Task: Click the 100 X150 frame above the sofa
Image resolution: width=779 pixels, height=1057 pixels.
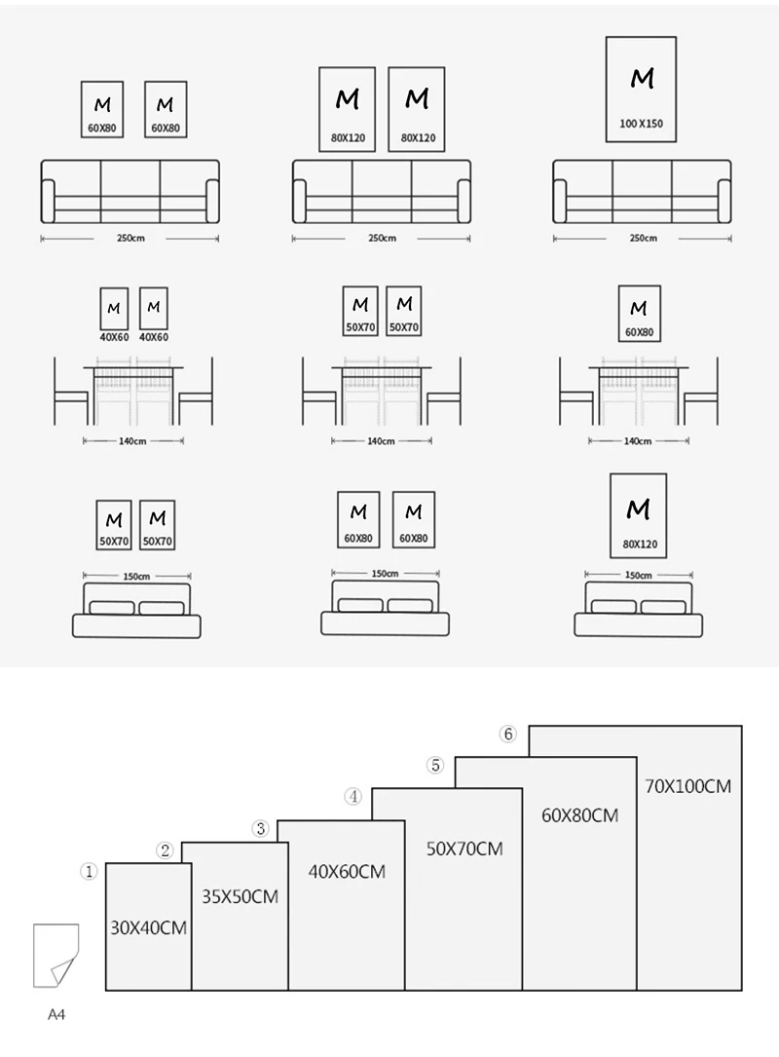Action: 641,90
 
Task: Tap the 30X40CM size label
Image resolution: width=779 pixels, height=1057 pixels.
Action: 148,927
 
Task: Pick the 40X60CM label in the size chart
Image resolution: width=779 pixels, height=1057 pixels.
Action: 346,872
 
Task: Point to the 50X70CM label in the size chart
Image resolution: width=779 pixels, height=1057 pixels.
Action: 464,849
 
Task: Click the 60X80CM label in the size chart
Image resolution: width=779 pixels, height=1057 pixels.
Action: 579,814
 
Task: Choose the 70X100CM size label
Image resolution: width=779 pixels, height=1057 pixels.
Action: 687,785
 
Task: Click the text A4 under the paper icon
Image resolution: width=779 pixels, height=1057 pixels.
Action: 56,1015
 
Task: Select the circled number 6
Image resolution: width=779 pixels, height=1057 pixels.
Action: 507,735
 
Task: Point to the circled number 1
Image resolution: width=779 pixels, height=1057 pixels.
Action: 89,873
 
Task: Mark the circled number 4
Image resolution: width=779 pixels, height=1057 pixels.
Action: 353,797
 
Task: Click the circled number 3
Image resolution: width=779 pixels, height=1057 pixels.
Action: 260,829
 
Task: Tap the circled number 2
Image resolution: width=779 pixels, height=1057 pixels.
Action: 166,850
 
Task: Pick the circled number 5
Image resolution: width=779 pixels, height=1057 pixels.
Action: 435,766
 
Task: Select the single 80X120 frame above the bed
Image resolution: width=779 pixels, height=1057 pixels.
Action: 638,515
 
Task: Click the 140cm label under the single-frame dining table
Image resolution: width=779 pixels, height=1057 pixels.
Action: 637,441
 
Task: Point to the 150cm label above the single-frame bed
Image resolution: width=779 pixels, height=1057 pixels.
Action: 638,575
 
